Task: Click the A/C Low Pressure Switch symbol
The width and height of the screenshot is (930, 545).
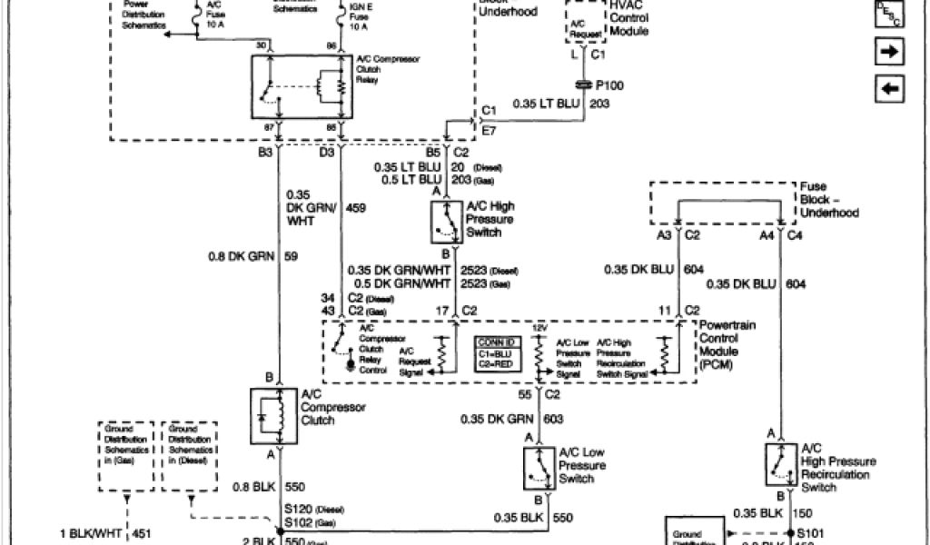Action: pos(539,467)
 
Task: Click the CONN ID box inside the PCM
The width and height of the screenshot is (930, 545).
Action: pos(498,351)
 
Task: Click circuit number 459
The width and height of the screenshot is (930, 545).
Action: pos(356,208)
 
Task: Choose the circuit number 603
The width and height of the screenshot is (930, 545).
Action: pos(553,418)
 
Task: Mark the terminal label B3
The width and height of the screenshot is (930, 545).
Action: pos(264,153)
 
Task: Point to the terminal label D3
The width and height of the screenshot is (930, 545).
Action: pos(326,153)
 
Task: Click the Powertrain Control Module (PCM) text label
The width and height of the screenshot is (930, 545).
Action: pos(719,344)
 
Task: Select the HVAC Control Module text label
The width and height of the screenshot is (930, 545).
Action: pos(629,18)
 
